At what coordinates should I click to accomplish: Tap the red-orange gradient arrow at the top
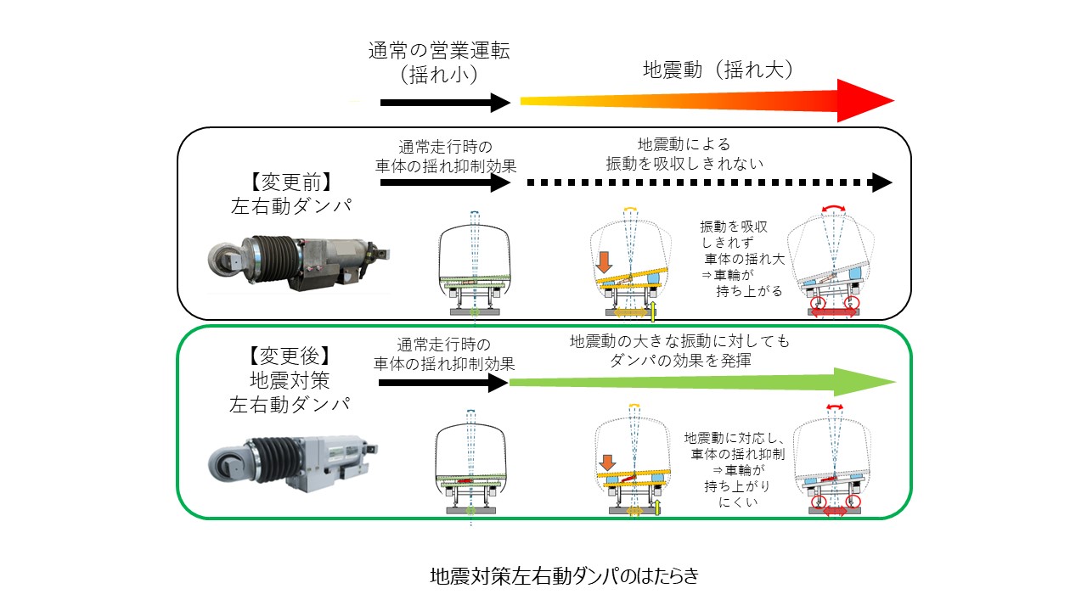tap(705, 101)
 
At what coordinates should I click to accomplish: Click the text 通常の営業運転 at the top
tap(438, 50)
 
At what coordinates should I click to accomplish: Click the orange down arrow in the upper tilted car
tap(605, 262)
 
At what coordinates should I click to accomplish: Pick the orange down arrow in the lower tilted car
tap(606, 463)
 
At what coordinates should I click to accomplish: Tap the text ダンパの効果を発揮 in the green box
tap(679, 360)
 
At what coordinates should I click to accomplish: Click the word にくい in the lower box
tap(734, 502)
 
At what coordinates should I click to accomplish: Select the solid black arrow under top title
tap(443, 103)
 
